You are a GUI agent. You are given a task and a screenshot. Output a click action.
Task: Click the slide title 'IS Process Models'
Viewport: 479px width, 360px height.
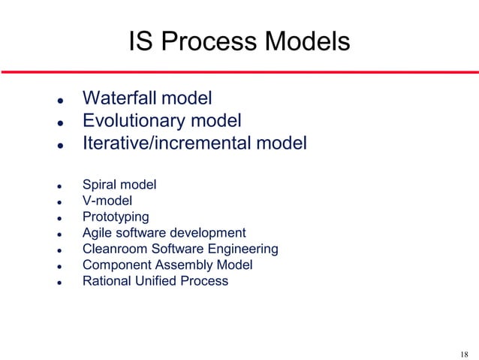click(239, 41)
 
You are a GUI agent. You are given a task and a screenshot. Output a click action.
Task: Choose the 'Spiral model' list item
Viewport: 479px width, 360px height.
click(119, 183)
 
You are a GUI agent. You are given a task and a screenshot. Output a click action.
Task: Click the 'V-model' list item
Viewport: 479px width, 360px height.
click(107, 200)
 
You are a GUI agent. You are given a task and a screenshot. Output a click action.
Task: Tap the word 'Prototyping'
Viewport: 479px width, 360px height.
click(116, 217)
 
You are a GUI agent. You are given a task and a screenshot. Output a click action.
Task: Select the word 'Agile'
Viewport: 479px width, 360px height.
click(98, 233)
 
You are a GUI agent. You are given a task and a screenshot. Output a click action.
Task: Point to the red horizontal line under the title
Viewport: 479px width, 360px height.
click(239, 71)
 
